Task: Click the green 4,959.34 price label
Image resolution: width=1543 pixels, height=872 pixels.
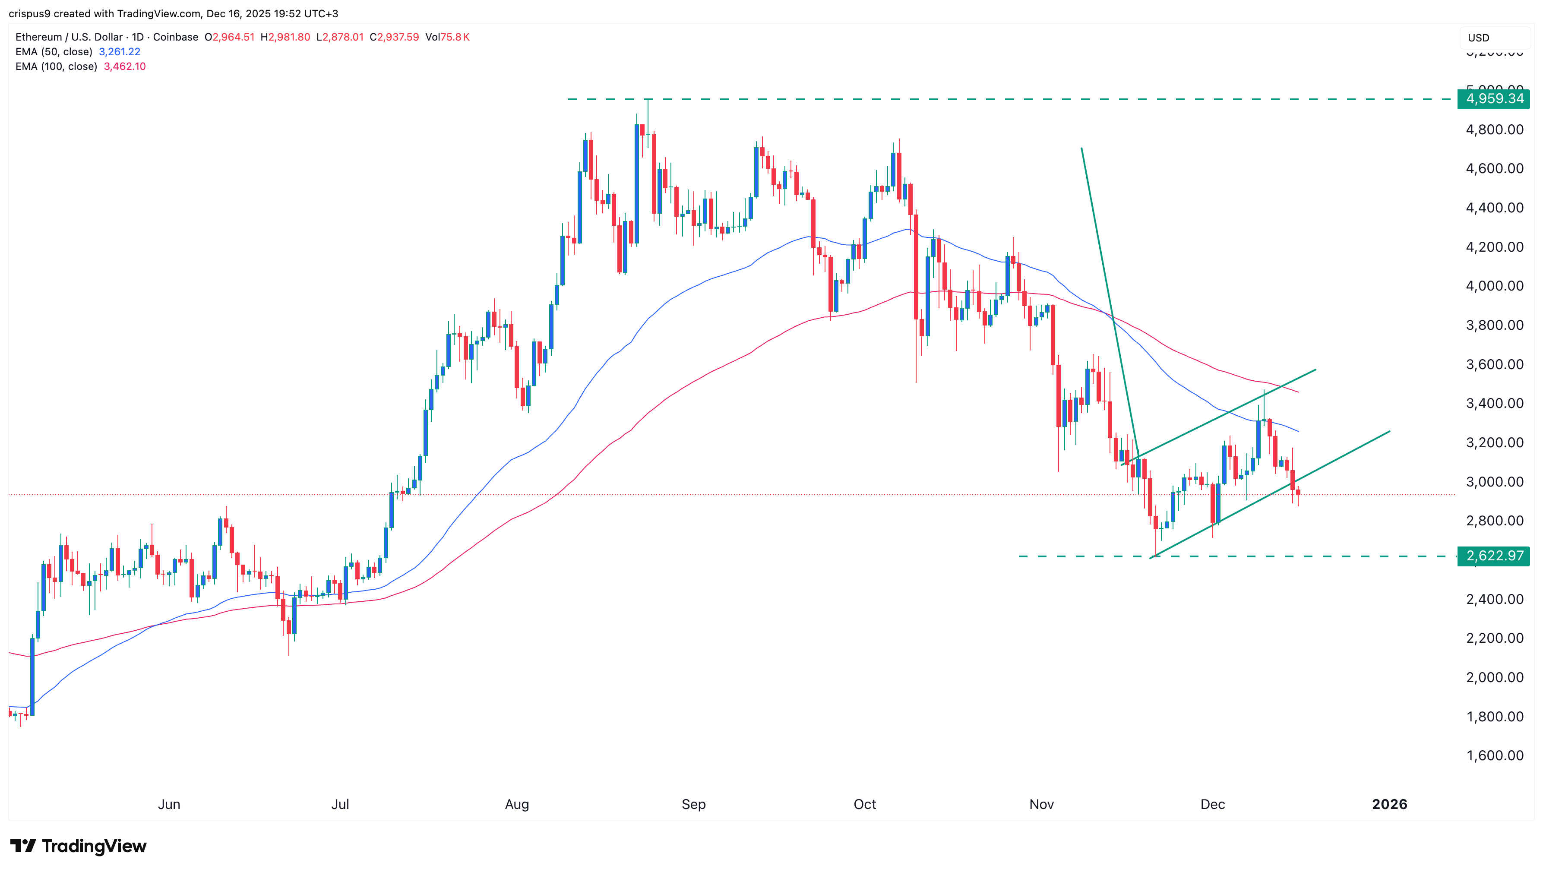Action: [1494, 99]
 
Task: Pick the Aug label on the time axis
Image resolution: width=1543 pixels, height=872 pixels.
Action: [517, 804]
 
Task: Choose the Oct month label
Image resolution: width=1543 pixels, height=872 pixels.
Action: [864, 804]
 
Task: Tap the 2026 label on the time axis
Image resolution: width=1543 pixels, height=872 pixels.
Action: [1389, 804]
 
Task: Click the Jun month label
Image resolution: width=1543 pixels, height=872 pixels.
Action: [169, 804]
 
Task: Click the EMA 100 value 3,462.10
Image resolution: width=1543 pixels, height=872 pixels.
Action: [125, 66]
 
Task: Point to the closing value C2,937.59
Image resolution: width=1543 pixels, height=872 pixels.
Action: [394, 37]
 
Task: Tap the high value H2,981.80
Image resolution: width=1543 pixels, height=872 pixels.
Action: [285, 37]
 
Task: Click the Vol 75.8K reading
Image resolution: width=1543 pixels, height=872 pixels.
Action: [447, 37]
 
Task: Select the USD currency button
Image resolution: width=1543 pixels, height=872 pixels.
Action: [1478, 38]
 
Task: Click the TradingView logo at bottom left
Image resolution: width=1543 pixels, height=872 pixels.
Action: [79, 846]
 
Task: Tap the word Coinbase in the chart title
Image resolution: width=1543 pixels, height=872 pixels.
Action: [176, 37]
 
